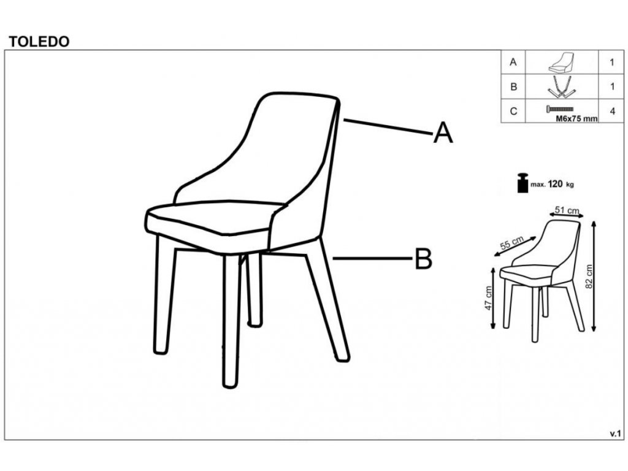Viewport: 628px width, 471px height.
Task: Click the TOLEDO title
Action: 39,42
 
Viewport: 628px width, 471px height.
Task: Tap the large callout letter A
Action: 443,132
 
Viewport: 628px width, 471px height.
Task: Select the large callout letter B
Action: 423,259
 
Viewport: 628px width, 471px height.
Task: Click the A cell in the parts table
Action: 513,63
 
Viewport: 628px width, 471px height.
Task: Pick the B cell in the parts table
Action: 513,86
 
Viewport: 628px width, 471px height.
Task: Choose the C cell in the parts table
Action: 513,111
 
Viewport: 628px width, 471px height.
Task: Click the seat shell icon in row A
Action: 562,62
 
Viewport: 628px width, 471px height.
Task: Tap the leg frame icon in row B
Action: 562,87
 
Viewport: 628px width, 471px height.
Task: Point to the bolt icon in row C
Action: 560,109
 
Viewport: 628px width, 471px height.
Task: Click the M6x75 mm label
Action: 576,118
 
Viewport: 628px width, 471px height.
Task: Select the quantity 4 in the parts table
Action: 612,111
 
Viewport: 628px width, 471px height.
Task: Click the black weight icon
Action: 523,183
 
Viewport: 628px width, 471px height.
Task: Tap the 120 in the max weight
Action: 555,184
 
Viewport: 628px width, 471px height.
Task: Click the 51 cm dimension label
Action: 567,210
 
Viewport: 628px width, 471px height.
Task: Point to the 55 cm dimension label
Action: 512,243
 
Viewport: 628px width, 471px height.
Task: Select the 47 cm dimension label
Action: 488,298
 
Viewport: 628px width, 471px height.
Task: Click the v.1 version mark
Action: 615,434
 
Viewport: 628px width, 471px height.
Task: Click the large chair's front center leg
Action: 231,320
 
